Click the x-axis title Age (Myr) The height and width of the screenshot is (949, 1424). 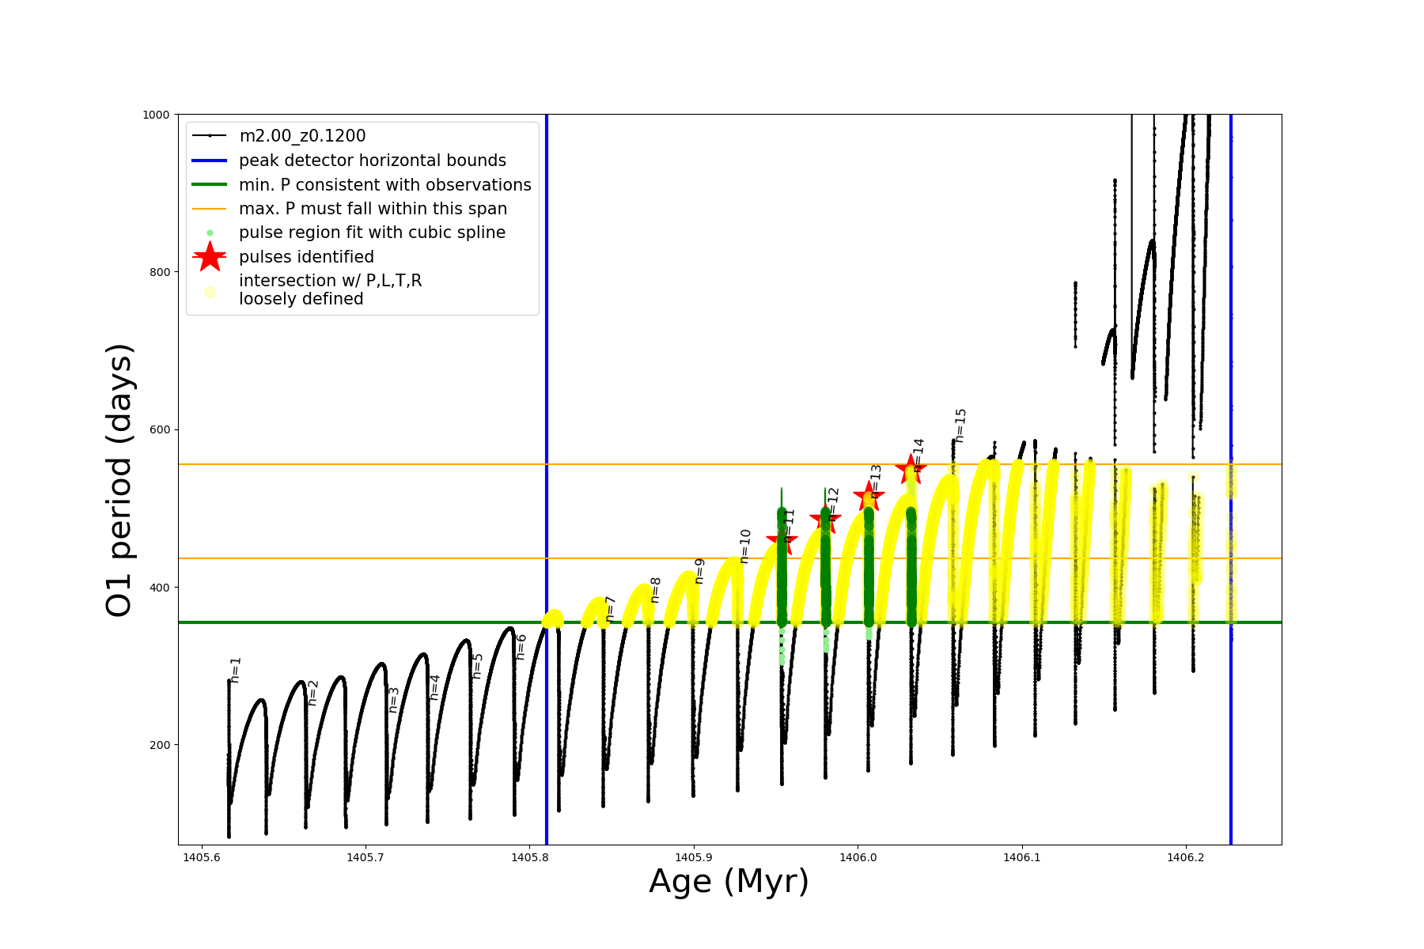point(729,882)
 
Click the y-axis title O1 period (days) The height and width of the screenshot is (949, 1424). point(119,480)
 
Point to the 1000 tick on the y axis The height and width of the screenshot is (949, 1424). point(156,115)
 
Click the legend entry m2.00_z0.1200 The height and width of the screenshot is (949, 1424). point(302,136)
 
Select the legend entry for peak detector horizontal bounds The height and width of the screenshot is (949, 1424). point(372,161)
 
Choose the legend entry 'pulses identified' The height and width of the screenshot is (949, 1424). point(306,257)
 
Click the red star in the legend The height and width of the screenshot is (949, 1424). point(210,257)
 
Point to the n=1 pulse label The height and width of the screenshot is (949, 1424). point(235,670)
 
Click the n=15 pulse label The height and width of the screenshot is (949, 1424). point(960,425)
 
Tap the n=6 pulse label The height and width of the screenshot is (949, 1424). point(521,646)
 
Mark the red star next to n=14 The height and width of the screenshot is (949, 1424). point(910,470)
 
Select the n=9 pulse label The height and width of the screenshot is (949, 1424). point(699,571)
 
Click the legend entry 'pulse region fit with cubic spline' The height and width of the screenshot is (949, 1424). point(372,233)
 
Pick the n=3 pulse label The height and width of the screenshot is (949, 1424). point(394,700)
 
